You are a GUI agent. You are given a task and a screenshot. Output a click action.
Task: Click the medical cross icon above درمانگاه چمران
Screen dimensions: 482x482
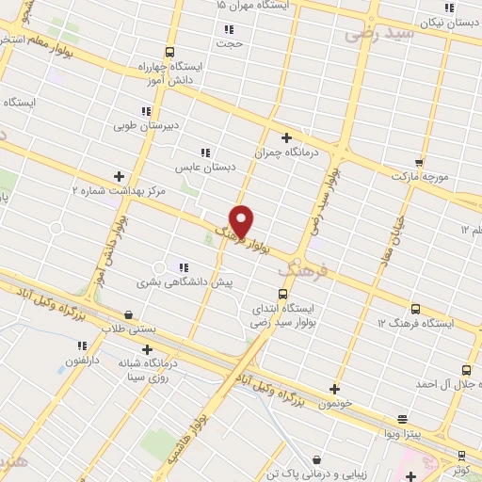tap(286, 137)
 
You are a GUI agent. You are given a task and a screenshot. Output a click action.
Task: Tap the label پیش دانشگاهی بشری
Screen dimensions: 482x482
tap(185, 281)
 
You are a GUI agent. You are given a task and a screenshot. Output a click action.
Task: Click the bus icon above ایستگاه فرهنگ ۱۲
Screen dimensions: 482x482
tap(415, 309)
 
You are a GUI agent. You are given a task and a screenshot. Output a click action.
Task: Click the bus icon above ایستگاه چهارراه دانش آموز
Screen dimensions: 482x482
tap(169, 53)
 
